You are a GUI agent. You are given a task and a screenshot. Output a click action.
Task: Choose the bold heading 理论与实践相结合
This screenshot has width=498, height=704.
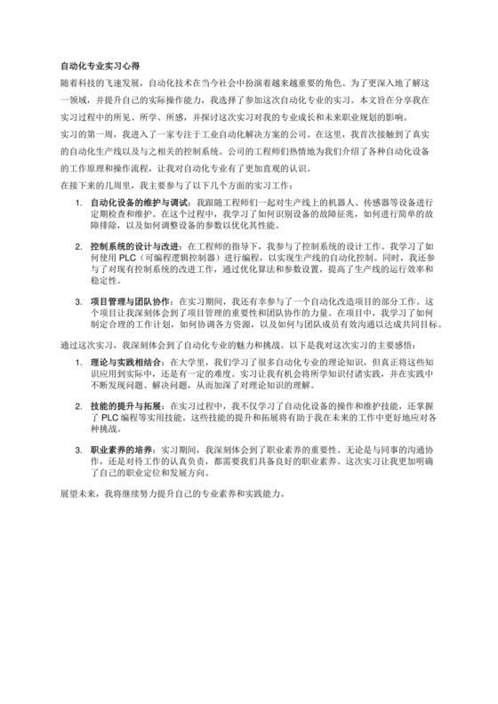(x=125, y=363)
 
